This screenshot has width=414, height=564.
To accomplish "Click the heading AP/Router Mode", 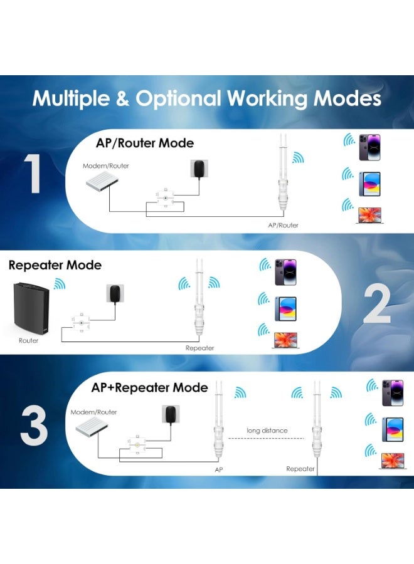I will click(145, 143).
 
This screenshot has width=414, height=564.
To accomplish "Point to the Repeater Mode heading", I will click(55, 265).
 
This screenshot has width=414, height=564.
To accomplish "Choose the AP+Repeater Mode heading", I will click(149, 387).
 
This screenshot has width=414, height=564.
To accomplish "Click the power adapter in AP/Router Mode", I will click(199, 168).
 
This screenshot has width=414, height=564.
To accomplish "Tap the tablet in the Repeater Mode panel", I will click(285, 308).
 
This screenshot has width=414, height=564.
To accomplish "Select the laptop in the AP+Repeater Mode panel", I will click(393, 460).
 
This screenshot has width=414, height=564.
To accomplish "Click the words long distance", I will click(267, 431).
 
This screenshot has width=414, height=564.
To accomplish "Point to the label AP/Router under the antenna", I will click(283, 224).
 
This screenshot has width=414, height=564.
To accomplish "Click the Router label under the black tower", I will click(28, 340).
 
